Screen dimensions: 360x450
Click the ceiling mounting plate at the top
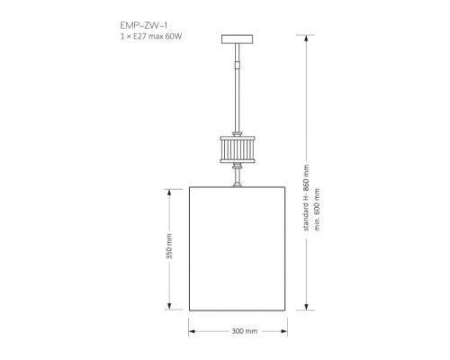[238, 39]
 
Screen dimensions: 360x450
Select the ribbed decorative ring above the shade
[238, 148]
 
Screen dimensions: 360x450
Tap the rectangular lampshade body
[238, 247]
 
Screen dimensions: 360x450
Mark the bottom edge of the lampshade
[238, 308]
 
